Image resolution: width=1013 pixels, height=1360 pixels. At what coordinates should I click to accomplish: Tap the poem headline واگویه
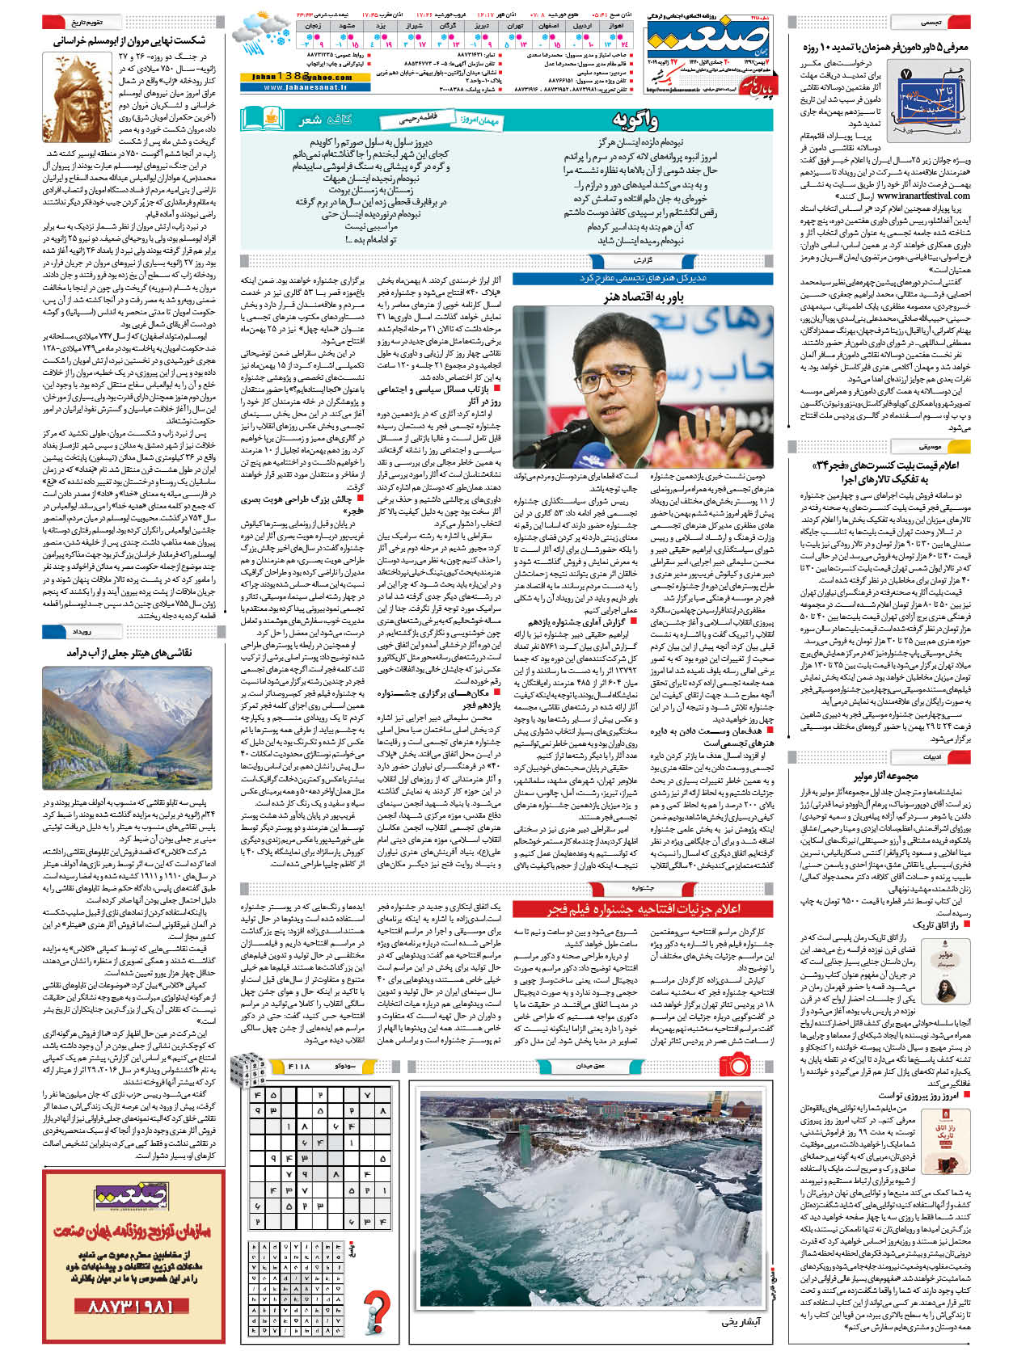(x=635, y=122)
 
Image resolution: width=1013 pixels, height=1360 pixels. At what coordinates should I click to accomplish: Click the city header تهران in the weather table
(x=514, y=26)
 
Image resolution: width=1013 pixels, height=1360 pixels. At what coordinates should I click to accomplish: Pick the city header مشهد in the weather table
(x=347, y=26)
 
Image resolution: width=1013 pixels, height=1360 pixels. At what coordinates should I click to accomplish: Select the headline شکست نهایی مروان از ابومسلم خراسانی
(x=129, y=40)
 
